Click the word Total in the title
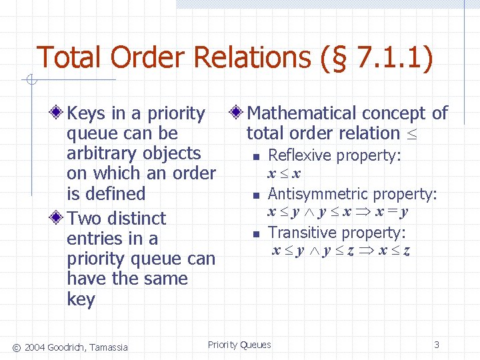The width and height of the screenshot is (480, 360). [70, 57]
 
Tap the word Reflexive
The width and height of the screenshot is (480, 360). [299, 155]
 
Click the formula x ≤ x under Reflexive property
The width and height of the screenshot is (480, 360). [284, 174]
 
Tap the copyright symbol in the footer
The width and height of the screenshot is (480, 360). [17, 346]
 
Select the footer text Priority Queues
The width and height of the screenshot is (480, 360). [239, 345]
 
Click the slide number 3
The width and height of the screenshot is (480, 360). [437, 345]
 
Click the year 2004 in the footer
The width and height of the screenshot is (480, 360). [37, 346]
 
